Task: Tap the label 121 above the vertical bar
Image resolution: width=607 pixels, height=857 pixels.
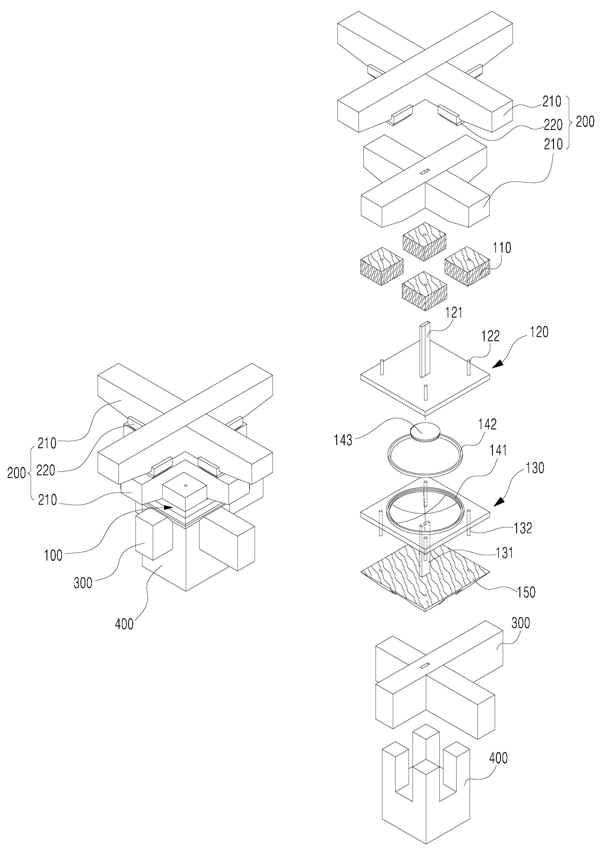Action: pos(454,313)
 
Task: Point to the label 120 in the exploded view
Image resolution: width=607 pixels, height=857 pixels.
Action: pos(539,332)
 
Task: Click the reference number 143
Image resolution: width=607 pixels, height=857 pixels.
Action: pos(343,440)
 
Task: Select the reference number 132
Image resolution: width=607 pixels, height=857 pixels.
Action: pos(523,528)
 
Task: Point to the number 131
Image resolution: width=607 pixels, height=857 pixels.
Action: pos(504,553)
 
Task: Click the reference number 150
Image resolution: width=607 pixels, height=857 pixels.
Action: pos(526,592)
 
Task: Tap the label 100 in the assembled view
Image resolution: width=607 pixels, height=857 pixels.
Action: pos(53,555)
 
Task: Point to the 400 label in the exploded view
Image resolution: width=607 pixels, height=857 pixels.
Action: pos(499,758)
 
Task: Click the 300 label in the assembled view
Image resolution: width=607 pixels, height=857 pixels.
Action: pos(83,583)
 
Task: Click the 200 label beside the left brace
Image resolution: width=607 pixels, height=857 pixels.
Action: pos(17,473)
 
